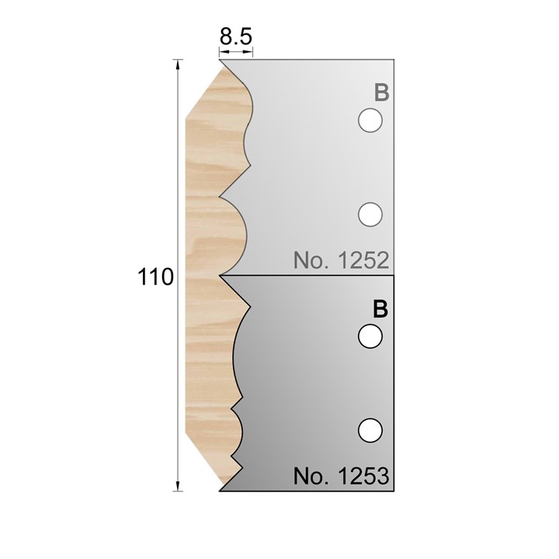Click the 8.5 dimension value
(235, 36)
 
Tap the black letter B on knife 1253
(380, 309)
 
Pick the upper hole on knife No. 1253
(370, 336)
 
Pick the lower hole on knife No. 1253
(370, 428)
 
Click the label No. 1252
(341, 260)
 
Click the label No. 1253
(341, 475)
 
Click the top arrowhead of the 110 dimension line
(179, 64)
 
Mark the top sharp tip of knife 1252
(220, 61)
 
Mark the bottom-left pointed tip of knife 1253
(221, 490)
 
